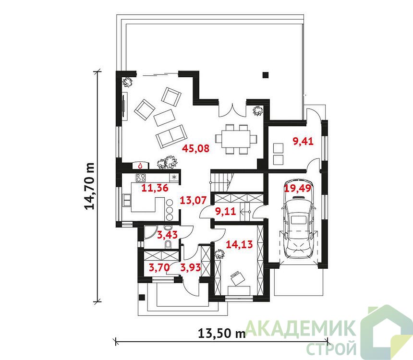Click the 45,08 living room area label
coord(196,148)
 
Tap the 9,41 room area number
coord(303,141)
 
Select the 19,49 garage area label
coord(298,188)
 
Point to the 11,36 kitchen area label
coord(155,188)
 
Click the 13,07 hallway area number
coord(193,201)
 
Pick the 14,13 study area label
coord(240,244)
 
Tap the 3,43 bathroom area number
coord(167,235)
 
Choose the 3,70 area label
coord(159,267)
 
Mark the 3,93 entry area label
coord(191,267)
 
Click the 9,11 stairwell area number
coord(225,211)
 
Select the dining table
coord(235,139)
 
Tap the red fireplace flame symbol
coord(140,166)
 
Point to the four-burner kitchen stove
coord(141,178)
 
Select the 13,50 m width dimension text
coord(222,334)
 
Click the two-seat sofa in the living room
coord(171,136)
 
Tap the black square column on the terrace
coord(266,75)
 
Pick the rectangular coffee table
coord(164,118)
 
